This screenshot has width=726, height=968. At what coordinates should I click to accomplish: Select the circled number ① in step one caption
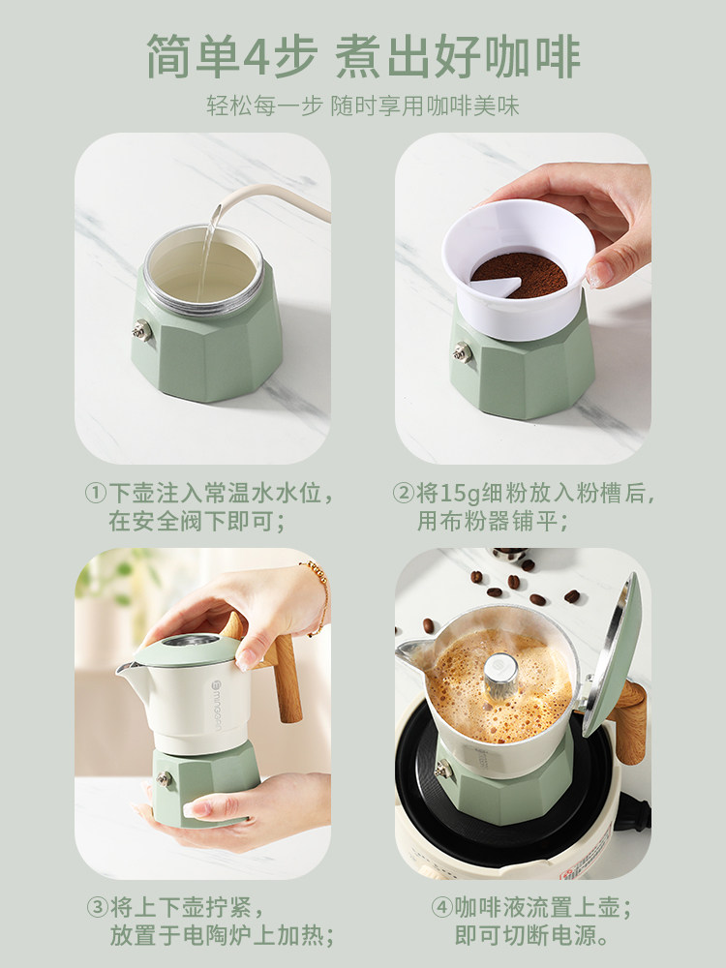[95, 494]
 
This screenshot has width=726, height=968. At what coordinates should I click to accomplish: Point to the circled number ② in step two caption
[403, 494]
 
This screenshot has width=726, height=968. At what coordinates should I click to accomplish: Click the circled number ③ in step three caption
[97, 908]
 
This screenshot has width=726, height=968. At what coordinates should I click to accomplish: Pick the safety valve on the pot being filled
[142, 329]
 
